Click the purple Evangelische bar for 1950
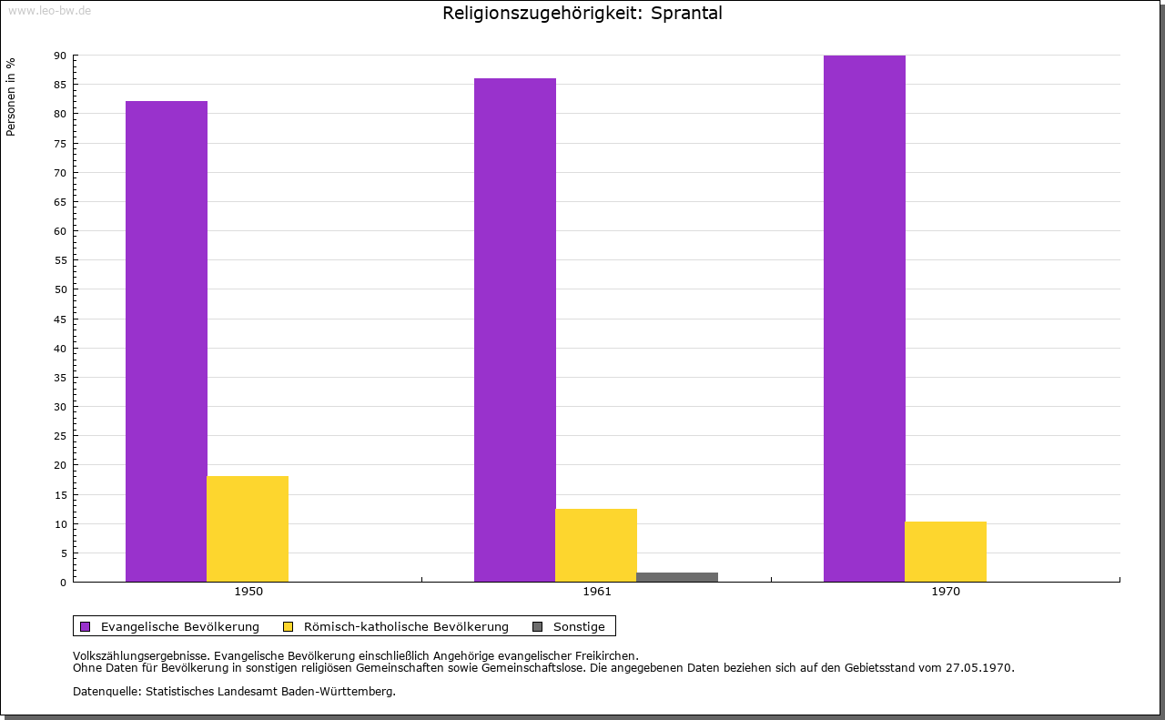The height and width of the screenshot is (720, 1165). click(167, 341)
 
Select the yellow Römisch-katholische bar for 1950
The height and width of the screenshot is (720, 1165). click(248, 529)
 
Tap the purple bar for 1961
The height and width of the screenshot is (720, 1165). click(515, 330)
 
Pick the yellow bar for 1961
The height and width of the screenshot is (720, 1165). click(596, 545)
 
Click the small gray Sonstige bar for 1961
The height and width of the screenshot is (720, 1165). click(677, 577)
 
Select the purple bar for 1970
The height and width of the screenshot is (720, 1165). click(864, 319)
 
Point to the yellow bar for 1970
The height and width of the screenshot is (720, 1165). click(945, 552)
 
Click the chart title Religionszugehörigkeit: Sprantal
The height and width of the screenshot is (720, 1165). click(582, 14)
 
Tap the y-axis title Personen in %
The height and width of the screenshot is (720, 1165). click(11, 97)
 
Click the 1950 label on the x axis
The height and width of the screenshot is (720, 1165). click(248, 592)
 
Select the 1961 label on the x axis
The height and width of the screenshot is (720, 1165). click(597, 592)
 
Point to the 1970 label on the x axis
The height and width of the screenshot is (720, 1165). click(946, 592)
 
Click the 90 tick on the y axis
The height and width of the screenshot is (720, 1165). click(60, 56)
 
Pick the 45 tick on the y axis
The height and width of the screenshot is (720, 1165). click(60, 319)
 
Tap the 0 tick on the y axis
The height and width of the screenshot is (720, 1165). click(64, 583)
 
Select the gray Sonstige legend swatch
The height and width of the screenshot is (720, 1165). click(537, 626)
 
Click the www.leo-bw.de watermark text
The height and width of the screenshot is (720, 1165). click(49, 9)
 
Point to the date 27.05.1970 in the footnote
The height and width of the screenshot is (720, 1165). click(979, 667)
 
